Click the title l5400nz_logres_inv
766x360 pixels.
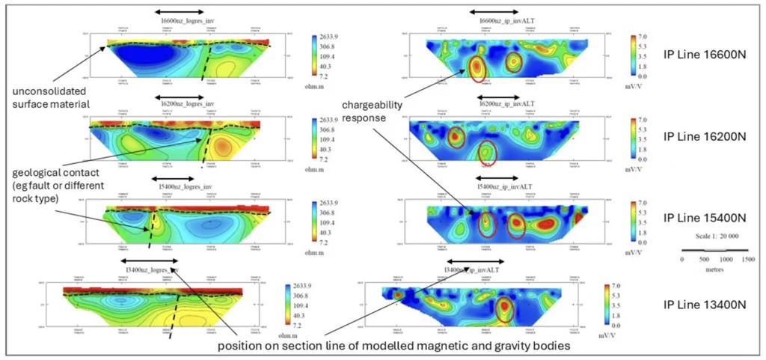(x=177, y=183)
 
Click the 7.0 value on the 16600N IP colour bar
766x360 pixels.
(x=642, y=37)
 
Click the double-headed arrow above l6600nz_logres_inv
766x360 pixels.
(x=177, y=11)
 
